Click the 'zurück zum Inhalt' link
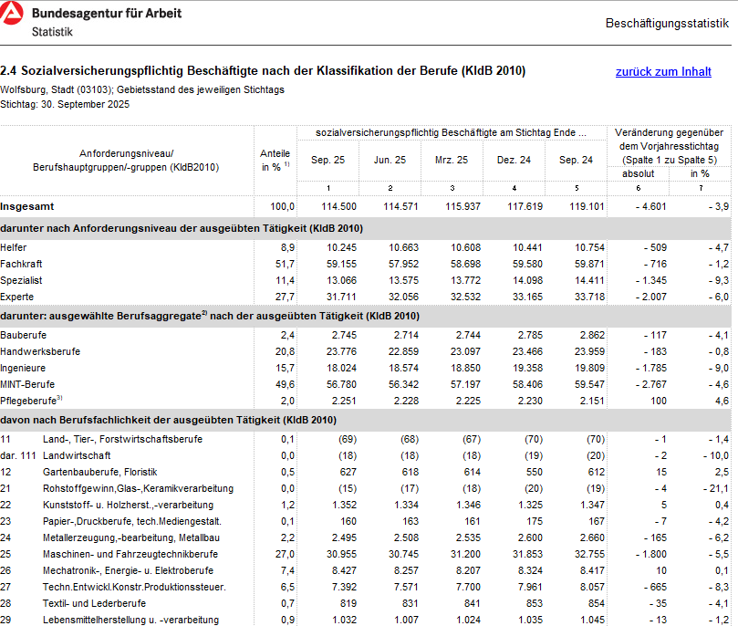pos(663,71)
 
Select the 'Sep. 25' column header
pos(327,160)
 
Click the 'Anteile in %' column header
pos(275,160)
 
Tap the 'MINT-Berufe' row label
pos(28,385)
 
